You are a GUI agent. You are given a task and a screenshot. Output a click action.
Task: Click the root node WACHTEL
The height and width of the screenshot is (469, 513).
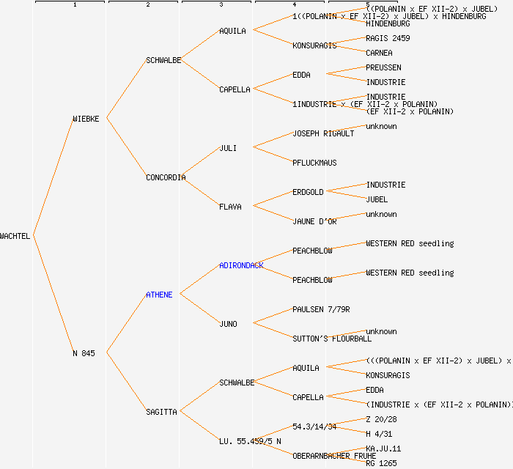(x=15, y=236)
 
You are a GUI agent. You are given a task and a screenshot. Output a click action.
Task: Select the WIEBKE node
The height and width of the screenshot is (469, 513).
(x=86, y=119)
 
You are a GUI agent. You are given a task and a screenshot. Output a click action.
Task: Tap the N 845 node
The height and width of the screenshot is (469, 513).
(x=84, y=353)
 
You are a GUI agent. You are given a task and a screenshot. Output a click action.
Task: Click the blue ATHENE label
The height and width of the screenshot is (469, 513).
(x=159, y=295)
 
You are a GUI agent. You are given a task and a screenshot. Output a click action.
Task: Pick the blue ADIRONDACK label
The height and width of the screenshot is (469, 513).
(x=241, y=265)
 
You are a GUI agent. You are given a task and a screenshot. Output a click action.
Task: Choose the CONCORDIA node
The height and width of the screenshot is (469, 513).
(x=166, y=177)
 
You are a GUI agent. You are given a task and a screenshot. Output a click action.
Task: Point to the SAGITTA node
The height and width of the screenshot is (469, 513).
(x=161, y=412)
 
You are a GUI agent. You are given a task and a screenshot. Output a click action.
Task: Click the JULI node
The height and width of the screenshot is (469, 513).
(x=228, y=148)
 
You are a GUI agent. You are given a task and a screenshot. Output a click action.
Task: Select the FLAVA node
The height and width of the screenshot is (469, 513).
(x=230, y=207)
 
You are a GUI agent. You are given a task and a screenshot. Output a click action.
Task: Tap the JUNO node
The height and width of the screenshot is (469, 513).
(x=228, y=324)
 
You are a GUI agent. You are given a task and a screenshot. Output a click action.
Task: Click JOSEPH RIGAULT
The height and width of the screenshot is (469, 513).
(x=323, y=133)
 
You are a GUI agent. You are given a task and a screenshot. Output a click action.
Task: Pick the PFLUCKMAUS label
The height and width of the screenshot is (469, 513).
(x=314, y=163)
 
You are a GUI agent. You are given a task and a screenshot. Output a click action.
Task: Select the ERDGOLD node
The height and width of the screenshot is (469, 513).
(x=308, y=192)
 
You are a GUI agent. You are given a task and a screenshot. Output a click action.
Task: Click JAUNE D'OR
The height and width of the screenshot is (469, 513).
(x=314, y=221)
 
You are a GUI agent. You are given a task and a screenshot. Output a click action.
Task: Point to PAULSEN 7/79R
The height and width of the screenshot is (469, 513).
(x=321, y=309)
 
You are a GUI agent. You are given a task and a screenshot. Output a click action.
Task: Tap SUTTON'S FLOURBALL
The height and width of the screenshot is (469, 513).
(x=332, y=339)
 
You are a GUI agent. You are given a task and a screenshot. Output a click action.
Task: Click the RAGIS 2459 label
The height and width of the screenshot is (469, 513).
(x=388, y=38)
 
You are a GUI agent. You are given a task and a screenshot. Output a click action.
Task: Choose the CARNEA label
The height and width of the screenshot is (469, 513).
(x=379, y=53)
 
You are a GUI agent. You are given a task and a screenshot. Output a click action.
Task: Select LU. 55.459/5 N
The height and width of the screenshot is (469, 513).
(x=250, y=441)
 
